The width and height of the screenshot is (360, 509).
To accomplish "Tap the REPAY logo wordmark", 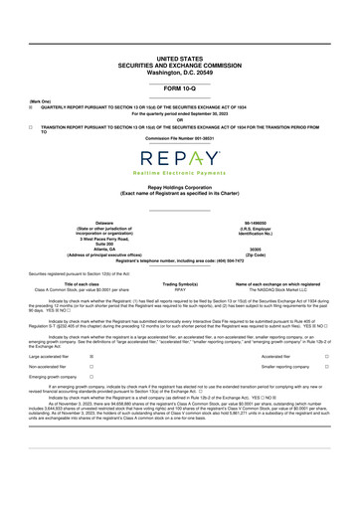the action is click(180, 159).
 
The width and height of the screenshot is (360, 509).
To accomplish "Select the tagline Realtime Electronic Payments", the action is click(180, 175).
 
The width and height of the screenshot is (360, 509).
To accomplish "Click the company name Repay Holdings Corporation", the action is click(180, 199).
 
